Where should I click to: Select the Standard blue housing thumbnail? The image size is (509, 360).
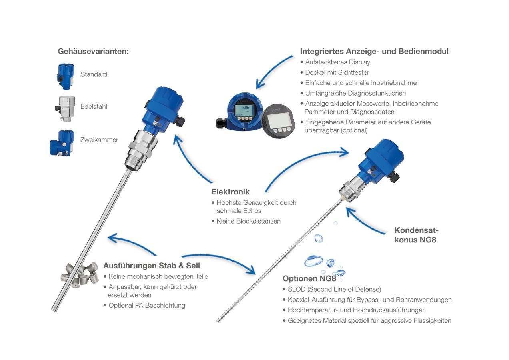tap(65, 75)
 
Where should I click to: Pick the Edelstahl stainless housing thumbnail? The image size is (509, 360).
tap(65, 108)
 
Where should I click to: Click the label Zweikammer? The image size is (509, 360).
tap(99, 140)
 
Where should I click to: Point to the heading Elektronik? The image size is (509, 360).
tap(230, 192)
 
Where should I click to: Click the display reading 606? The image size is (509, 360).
tap(246, 108)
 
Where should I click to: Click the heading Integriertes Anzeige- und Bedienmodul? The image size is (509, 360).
tap(374, 51)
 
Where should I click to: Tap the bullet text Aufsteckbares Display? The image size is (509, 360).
tap(337, 62)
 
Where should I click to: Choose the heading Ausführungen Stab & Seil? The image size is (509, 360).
tap(152, 266)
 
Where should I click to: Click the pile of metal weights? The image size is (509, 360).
tap(80, 274)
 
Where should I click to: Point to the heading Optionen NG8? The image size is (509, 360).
tap(309, 278)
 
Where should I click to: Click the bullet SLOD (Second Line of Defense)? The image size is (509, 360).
tap(334, 289)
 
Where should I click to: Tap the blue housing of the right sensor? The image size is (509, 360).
tap(380, 158)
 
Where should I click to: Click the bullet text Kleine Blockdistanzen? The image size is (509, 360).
tap(248, 221)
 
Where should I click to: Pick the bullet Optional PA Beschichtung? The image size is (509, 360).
tap(147, 305)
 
